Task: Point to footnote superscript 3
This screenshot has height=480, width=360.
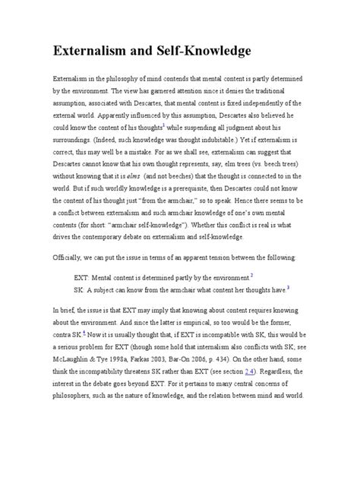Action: pyautogui.click(x=289, y=288)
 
